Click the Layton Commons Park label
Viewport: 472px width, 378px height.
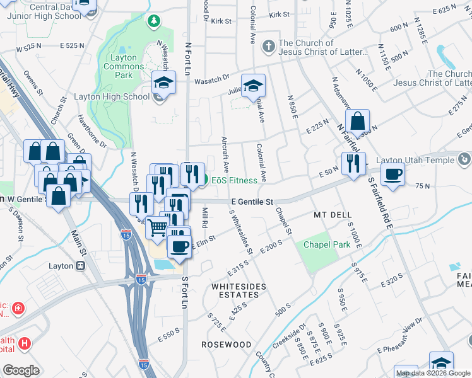click(120, 66)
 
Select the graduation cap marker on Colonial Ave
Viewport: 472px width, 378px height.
click(253, 86)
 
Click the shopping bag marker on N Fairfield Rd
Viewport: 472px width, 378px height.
click(357, 121)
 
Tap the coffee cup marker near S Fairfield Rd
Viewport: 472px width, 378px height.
click(392, 174)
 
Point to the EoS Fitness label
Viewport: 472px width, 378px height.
click(234, 180)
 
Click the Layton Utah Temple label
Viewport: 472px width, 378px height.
click(416, 160)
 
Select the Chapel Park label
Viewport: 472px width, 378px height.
click(327, 244)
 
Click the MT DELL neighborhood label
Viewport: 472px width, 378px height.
click(333, 215)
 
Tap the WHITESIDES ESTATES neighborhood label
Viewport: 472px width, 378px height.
click(239, 287)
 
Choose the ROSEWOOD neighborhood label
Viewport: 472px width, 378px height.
click(226, 345)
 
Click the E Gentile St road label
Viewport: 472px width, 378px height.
click(251, 202)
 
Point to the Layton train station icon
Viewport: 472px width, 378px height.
click(80, 266)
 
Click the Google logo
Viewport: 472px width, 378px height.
click(21, 370)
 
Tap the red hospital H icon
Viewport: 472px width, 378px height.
click(25, 343)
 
